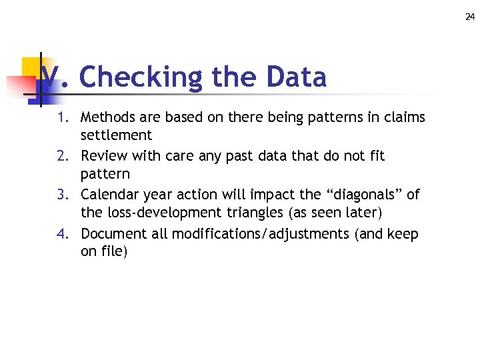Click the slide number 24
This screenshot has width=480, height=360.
[x=470, y=17]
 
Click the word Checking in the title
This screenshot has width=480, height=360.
[x=140, y=77]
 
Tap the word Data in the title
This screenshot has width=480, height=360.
[x=296, y=77]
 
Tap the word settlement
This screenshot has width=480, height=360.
[x=116, y=135]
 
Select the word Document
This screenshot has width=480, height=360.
[x=113, y=234]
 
